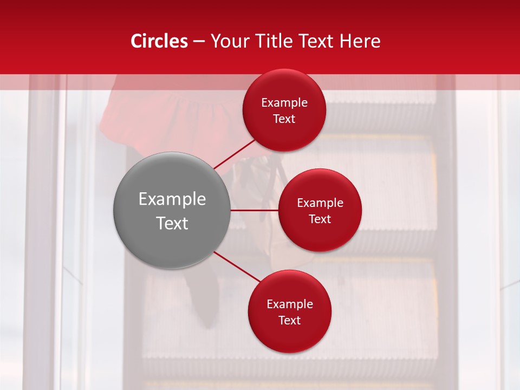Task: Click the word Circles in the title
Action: tap(159, 41)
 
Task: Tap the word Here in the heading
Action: tap(360, 41)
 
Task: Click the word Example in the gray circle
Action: tap(172, 199)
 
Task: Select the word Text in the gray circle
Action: tap(172, 223)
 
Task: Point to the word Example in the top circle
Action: tap(284, 103)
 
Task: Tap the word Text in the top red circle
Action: tap(284, 119)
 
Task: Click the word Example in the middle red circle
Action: tap(320, 203)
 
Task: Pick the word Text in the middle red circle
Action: tap(320, 219)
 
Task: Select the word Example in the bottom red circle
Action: tap(289, 304)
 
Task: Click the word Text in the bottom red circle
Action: tap(289, 320)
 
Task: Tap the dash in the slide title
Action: tap(199, 42)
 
